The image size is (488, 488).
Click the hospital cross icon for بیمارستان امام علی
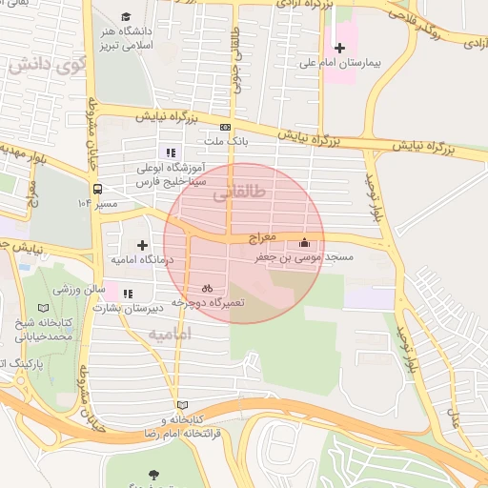pos(339,48)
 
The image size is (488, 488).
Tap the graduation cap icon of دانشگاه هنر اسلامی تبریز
pos(127,17)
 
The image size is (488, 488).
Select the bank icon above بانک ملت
pos(225,127)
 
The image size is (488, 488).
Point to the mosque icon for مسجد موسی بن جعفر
pos(304,242)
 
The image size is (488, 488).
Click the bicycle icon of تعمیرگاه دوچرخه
pos(207,288)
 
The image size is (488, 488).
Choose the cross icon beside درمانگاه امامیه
pos(143,245)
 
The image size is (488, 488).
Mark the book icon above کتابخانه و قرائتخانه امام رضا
pos(182,405)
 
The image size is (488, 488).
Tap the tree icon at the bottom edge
pos(152,473)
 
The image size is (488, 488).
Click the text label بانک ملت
pos(225,142)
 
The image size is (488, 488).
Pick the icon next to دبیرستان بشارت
pos(128,294)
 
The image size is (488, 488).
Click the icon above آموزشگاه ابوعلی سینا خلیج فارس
pos(171,152)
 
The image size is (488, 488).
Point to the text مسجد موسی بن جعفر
pos(303,257)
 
